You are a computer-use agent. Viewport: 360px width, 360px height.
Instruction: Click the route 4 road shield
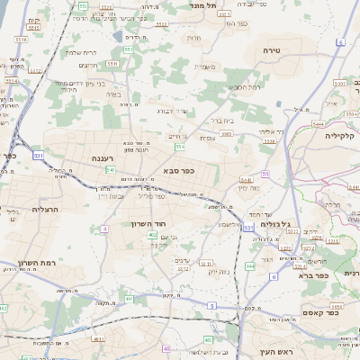tap(105, 229)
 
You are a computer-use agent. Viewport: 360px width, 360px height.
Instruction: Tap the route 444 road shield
tap(249, 266)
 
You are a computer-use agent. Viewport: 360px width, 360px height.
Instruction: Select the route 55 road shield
tap(265, 173)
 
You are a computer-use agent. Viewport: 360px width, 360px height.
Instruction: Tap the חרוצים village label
tap(87, 65)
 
